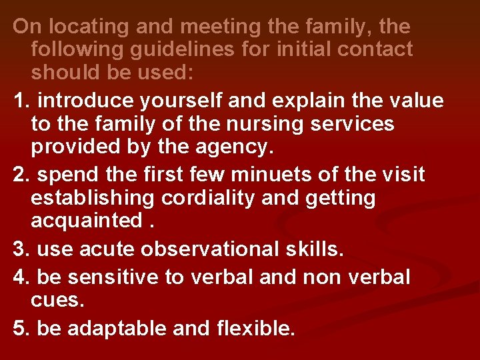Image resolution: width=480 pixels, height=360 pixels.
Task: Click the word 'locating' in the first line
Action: (x=80, y=27)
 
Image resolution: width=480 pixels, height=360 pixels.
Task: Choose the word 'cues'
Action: (x=57, y=299)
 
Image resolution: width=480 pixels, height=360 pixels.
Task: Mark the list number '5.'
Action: (x=21, y=328)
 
